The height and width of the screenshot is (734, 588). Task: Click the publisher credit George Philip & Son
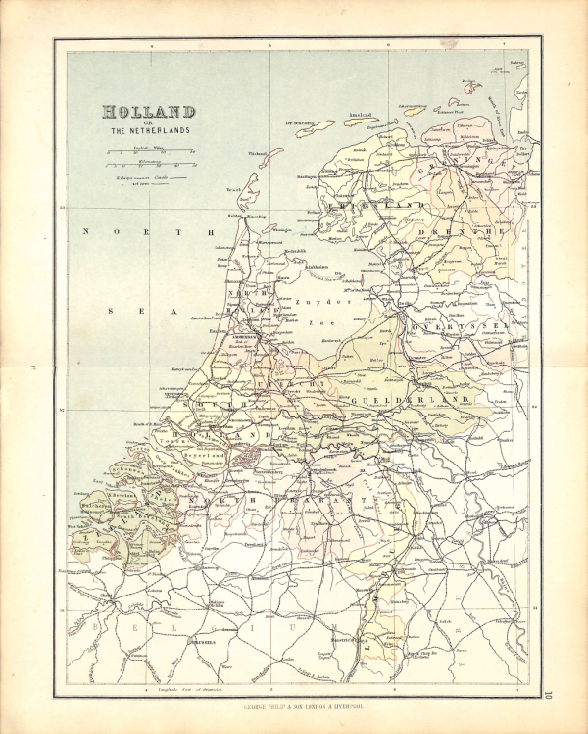pos(295,705)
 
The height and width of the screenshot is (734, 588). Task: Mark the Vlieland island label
pos(258,154)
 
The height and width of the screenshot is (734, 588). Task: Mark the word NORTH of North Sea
pos(147,232)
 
